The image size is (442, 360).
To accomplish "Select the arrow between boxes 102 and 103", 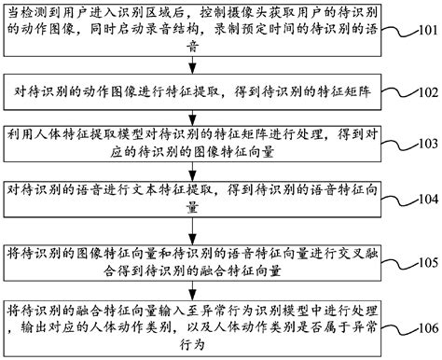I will coord(207,113).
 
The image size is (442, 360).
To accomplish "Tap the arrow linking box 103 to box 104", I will coord(207,169).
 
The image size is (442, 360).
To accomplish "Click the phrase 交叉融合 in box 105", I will coord(376,252).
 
